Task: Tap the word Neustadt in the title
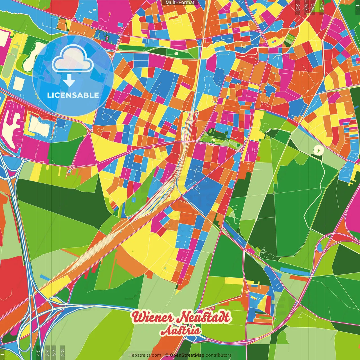tap(205, 317)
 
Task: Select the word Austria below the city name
tap(181, 330)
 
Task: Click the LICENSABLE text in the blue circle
tap(73, 95)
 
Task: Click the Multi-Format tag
tap(180, 3)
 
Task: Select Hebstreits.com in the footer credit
tap(145, 355)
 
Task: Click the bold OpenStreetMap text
tap(187, 355)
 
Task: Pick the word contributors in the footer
tap(218, 355)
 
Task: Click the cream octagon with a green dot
tap(318, 150)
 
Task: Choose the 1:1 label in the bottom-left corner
tap(3, 353)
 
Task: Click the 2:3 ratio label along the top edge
tap(298, 7)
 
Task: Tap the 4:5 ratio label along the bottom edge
tap(38, 352)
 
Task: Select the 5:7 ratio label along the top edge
tap(306, 7)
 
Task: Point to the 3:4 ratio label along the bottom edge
tap(47, 352)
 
